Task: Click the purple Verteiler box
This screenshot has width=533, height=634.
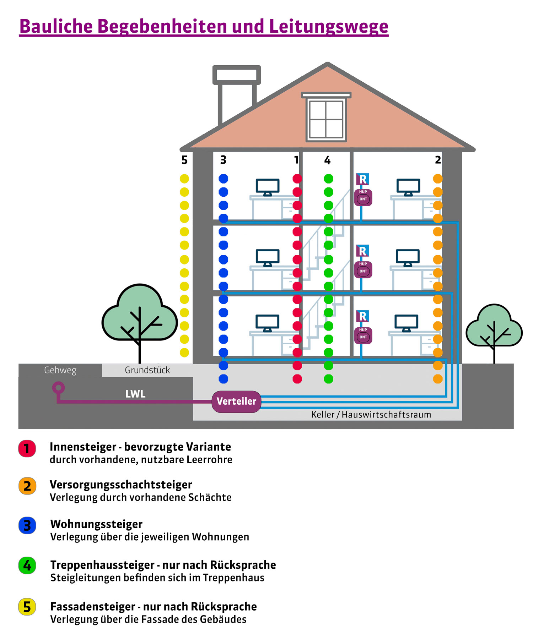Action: coord(236,401)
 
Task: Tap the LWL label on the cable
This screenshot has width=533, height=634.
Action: coord(135,394)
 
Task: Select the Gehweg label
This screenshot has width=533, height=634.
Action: coord(60,370)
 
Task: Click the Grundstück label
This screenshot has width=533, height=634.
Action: coord(147,370)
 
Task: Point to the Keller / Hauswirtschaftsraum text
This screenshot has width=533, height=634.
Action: coord(371,415)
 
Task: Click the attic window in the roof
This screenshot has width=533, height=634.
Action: coord(326,119)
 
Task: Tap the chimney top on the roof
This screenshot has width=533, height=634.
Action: coord(237,75)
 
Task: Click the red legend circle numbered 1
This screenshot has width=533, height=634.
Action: coord(27,449)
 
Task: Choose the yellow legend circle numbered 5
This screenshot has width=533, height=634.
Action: coord(27,607)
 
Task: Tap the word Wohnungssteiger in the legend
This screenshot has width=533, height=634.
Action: coord(96,524)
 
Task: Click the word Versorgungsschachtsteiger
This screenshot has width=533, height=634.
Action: coord(121,485)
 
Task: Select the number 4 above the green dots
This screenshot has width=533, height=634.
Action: coord(327,160)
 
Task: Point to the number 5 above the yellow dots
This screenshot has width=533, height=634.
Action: coord(184,160)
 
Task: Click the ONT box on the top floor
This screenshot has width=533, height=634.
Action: coord(363,199)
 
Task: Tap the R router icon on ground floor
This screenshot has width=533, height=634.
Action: coord(363,316)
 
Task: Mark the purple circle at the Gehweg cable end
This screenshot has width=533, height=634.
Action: coord(59,387)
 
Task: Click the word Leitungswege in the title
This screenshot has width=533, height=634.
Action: coord(329,27)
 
